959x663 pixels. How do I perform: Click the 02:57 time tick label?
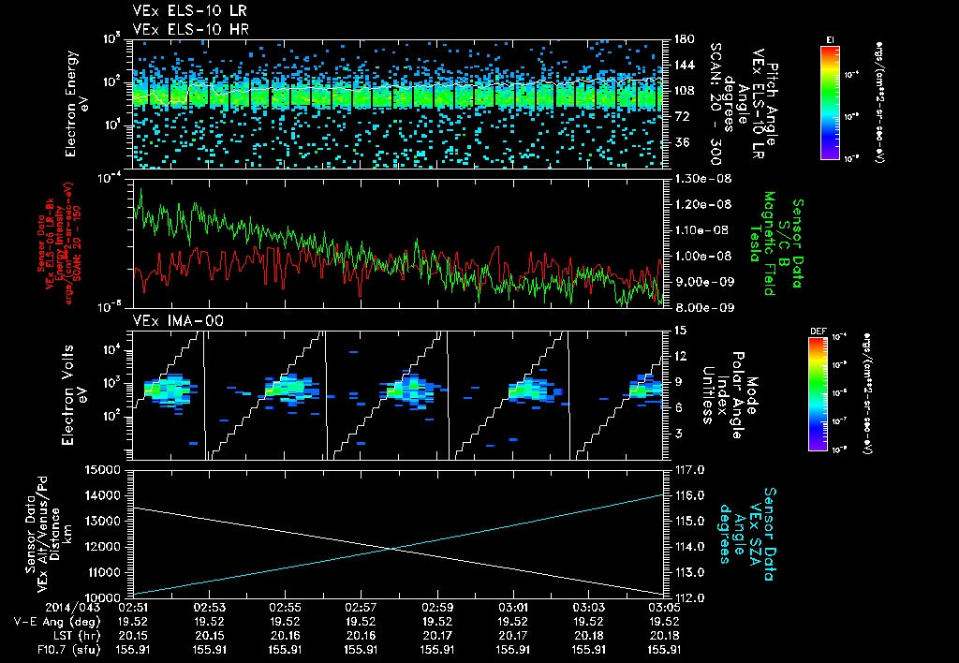pyautogui.click(x=361, y=608)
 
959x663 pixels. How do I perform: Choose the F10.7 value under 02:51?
pyautogui.click(x=132, y=647)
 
